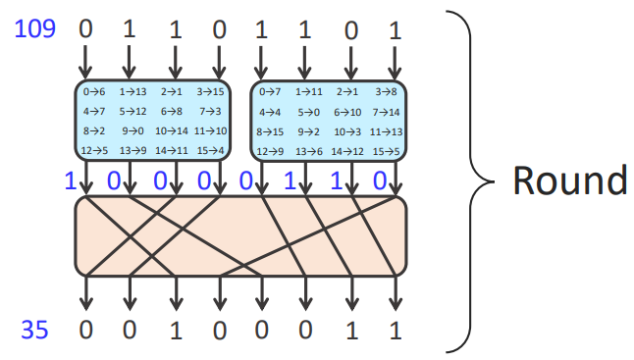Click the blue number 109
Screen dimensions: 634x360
[x=34, y=29]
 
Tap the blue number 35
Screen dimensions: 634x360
[x=34, y=330]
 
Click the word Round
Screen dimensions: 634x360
[x=570, y=180]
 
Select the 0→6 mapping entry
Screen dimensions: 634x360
[x=94, y=92]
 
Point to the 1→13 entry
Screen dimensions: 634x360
[x=132, y=92]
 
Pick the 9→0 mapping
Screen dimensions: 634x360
[x=132, y=130]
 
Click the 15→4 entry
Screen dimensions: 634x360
[x=210, y=151]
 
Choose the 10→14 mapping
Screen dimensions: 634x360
[x=172, y=130]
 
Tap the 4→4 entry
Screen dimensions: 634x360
[x=270, y=112]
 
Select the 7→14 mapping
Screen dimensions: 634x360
[x=386, y=112]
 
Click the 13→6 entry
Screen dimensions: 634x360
[x=309, y=151]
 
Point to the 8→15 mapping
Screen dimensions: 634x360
[x=270, y=131]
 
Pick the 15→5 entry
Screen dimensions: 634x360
[x=386, y=151]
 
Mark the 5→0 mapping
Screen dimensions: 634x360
[x=309, y=112]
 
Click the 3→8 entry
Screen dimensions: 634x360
[x=386, y=92]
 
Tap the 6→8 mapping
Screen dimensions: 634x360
[x=172, y=111]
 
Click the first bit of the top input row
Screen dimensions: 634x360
[x=85, y=29]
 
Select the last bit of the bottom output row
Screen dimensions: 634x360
[x=396, y=331]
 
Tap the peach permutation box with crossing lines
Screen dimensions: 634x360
[x=240, y=236]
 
